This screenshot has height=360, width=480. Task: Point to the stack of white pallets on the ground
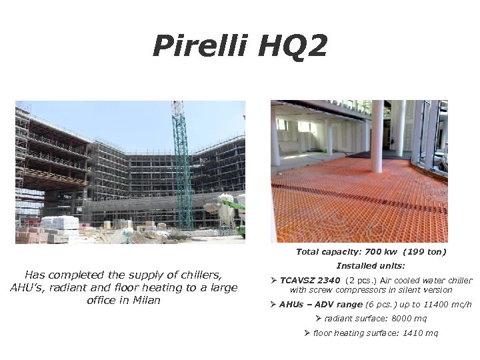click(x=60, y=223)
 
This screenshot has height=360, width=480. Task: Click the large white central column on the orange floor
click(x=377, y=136)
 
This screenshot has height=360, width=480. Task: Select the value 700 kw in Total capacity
click(x=377, y=252)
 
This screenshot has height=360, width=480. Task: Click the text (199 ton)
click(x=425, y=252)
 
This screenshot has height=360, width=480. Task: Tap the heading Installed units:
click(x=371, y=266)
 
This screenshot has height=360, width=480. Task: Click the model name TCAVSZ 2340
click(x=309, y=281)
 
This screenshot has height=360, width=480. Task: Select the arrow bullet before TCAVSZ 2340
click(x=274, y=281)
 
